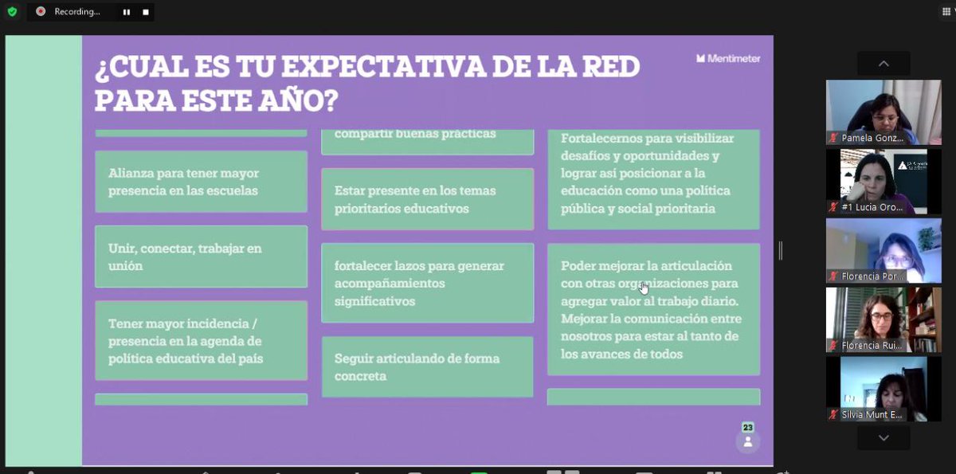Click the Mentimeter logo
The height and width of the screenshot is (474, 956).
click(728, 58)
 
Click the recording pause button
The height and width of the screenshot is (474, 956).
click(126, 12)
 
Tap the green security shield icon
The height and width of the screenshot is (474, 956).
click(12, 12)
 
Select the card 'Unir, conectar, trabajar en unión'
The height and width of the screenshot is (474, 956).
click(201, 257)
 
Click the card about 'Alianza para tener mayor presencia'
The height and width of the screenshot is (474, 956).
click(201, 182)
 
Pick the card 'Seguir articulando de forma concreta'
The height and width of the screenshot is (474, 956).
click(427, 366)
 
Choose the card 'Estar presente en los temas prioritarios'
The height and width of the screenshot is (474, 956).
click(427, 199)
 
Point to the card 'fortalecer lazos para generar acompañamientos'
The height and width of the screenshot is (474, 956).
click(427, 283)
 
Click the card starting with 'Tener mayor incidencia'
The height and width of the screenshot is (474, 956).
click(201, 340)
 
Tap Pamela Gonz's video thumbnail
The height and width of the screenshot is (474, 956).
click(883, 112)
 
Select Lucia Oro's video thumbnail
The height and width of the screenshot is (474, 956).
click(883, 181)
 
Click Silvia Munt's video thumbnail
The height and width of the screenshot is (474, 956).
click(883, 388)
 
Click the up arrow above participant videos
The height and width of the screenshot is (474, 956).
click(883, 64)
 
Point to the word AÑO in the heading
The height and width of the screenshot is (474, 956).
click(296, 100)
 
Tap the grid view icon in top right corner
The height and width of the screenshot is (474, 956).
click(946, 12)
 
